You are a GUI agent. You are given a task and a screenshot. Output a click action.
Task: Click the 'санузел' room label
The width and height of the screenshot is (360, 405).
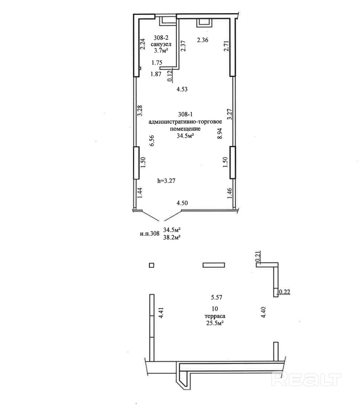[162, 44]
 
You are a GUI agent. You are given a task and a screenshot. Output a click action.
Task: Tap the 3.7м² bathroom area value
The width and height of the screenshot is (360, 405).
[161, 51]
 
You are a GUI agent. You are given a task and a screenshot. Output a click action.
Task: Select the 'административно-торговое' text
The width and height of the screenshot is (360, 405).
[185, 121]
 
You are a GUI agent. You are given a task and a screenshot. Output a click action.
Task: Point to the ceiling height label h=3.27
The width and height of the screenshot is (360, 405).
[166, 181]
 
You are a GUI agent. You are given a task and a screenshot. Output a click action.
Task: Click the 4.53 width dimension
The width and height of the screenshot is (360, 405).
[182, 89]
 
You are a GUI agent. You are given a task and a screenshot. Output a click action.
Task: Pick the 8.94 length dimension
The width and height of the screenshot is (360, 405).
[220, 133]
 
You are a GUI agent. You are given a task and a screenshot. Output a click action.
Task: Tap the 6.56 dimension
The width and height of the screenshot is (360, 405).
[152, 141]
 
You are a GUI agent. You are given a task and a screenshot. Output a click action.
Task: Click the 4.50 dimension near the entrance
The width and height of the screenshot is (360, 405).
[182, 203]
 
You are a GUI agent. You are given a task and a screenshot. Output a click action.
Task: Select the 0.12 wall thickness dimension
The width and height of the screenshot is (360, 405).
[170, 76]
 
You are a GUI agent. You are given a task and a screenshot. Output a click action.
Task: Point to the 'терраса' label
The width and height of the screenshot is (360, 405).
[215, 316]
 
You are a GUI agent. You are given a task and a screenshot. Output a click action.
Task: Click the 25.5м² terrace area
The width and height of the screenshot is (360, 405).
[215, 323]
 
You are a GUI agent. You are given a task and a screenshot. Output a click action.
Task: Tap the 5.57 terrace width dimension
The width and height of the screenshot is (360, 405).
[217, 297]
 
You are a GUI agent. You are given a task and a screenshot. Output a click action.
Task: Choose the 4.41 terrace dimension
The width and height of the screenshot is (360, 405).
[162, 312]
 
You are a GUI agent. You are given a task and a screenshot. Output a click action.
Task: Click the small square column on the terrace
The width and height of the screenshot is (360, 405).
[152, 265]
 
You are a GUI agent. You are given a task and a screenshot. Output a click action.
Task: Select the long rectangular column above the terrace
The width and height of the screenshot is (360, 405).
[214, 265]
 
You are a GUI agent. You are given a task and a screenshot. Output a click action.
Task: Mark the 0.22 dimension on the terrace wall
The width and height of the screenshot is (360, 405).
[284, 292]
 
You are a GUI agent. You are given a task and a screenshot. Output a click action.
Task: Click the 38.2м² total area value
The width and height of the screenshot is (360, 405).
[171, 237]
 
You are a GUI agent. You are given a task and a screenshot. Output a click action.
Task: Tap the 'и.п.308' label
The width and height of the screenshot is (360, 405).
[150, 234]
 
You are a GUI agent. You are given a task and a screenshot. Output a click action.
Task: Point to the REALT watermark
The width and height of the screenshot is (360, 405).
[307, 379]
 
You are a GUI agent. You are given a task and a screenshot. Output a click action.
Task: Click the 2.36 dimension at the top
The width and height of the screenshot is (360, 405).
[203, 40]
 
